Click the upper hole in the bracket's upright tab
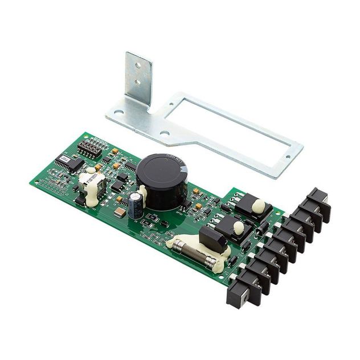pos(137,66)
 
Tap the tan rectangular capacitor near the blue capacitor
pos(120,212)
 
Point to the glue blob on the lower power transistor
pos(239,228)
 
